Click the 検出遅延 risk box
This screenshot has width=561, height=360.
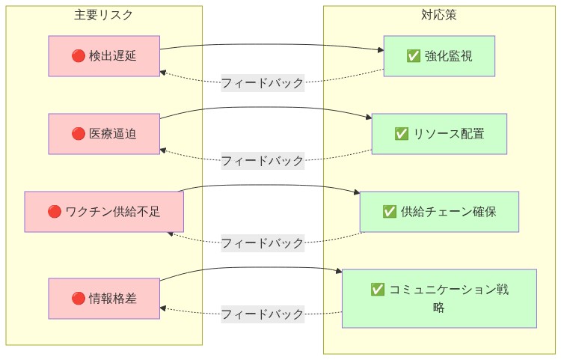coord(104,56)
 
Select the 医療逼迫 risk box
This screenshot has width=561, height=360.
coord(104,134)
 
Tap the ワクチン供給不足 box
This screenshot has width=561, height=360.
coord(104,212)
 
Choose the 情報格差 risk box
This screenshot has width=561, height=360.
coord(104,299)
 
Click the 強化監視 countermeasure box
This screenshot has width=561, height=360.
coord(439,56)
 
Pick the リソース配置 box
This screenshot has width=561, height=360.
coord(439,134)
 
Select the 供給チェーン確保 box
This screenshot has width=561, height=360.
coord(439,212)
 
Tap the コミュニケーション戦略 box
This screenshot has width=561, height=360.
coord(439,299)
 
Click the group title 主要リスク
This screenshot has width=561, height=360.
coord(104,15)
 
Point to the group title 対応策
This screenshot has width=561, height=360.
coord(439,15)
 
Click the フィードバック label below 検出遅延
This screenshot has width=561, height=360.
coord(263,83)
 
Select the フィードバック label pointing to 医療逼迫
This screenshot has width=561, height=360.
coord(263,161)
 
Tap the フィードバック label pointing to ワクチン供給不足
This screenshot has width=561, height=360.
coord(263,243)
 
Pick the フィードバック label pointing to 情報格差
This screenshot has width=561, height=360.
coord(263,314)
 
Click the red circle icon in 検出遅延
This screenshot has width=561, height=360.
coord(78,56)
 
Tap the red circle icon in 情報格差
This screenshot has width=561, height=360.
coord(78,299)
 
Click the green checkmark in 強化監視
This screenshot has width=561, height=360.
coord(413,56)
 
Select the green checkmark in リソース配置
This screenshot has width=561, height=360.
coord(401,134)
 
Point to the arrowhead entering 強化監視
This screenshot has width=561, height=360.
coord(381,51)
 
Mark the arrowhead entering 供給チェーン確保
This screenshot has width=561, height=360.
coord(357,193)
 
